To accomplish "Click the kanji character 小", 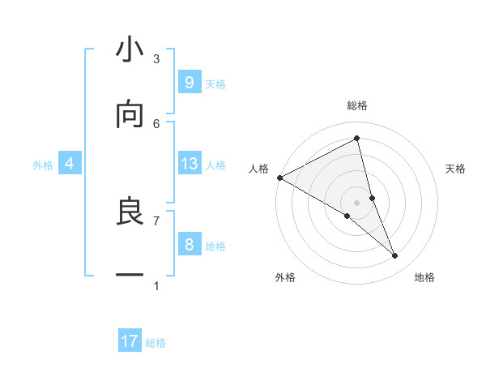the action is coord(130,50).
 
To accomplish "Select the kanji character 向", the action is coord(130,115).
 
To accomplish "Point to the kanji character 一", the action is coord(130,276).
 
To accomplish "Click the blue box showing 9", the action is coord(189,82).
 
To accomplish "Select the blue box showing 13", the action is coord(189,164).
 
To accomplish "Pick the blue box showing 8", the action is coord(189,245).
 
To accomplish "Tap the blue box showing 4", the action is coord(70,164).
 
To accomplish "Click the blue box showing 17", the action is coord(130,341).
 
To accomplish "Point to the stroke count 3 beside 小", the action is coord(156,58).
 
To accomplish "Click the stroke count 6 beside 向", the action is coord(156,123).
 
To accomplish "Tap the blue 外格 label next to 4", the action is coord(43,165).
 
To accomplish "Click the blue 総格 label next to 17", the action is coord(156,343).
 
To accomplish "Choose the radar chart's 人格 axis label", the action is coord(258,169).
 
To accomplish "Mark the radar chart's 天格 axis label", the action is coord(456,169).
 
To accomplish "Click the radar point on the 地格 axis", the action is coord(395,256).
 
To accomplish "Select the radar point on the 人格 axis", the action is coord(279,178).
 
